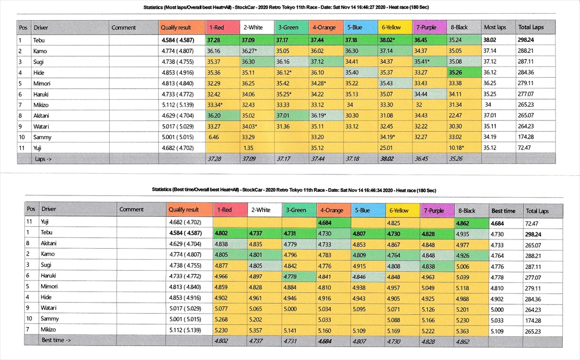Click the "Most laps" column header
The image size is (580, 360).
[494, 27]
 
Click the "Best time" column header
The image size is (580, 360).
[503, 210]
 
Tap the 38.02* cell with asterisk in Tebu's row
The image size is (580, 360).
[386, 40]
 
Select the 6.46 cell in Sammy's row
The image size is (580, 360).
[213, 137]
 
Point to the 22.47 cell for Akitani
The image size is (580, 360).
[456, 116]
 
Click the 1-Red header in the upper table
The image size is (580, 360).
[217, 27]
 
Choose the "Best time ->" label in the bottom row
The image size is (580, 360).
[56, 340]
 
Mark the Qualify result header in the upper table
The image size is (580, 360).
[176, 27]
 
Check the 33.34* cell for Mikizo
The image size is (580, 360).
[215, 105]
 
